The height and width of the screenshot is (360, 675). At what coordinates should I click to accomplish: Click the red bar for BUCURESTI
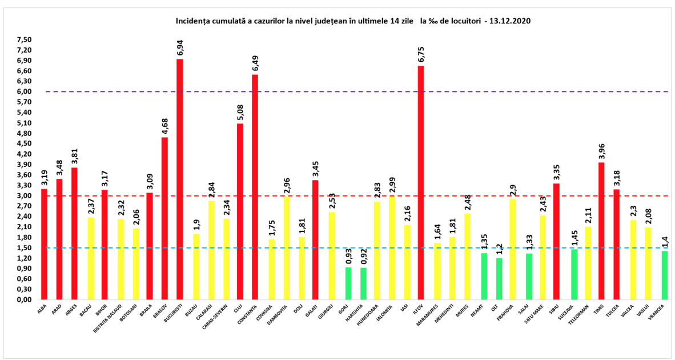[180, 179]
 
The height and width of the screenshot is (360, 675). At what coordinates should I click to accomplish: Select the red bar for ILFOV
[421, 183]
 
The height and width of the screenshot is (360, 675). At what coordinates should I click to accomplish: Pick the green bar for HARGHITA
[363, 284]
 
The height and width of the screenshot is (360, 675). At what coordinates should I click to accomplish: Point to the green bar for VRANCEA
[665, 275]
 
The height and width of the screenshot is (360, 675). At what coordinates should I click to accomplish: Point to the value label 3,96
[601, 151]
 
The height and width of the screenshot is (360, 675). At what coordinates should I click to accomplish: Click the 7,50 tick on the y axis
[25, 40]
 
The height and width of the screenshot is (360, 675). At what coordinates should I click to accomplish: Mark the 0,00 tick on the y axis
[25, 300]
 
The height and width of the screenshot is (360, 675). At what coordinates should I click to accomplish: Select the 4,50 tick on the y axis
[25, 144]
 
